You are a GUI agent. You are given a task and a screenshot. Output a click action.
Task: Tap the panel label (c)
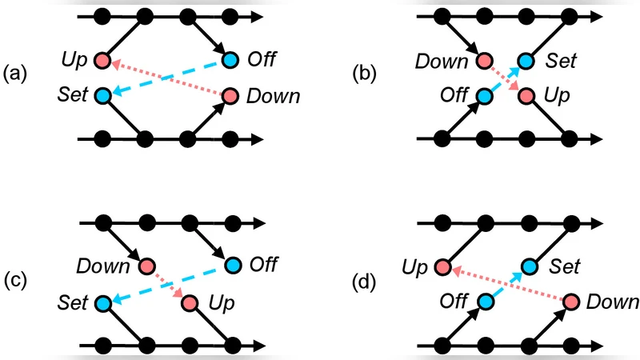click(18, 281)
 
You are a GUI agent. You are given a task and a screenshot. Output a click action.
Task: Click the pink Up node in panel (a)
click(102, 60)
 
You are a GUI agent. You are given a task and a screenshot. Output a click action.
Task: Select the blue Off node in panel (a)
click(230, 60)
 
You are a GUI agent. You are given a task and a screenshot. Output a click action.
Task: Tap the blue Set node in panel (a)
click(102, 96)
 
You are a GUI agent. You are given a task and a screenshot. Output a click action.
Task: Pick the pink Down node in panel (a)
click(230, 96)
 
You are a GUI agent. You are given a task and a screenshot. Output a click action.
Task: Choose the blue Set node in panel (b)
click(526, 60)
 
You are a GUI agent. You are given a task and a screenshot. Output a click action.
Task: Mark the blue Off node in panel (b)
click(483, 96)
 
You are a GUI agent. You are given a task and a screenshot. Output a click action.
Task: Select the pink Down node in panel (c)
click(146, 266)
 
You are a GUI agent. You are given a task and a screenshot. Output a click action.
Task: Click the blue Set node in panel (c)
click(102, 303)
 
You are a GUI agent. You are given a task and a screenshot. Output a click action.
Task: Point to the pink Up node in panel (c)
click(189, 303)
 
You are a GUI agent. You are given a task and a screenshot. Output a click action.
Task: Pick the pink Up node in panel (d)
click(441, 266)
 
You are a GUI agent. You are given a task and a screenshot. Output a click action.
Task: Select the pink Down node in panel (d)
click(570, 302)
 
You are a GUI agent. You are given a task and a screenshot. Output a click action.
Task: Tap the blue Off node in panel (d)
click(483, 302)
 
